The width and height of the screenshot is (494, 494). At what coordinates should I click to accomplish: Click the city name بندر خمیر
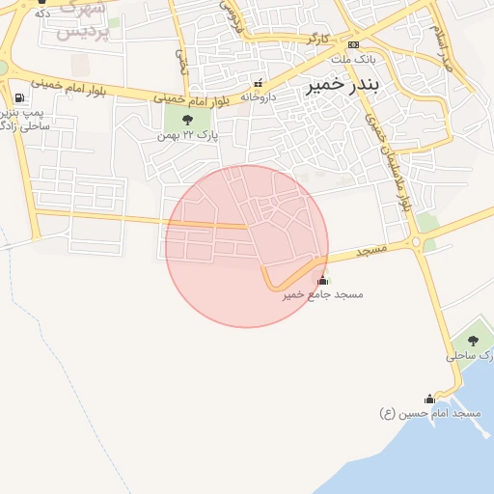(x=343, y=85)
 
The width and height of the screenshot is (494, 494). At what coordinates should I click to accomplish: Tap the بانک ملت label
(x=354, y=59)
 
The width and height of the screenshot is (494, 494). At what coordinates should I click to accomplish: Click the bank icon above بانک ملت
(x=353, y=44)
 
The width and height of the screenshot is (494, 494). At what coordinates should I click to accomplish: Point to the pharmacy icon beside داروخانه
(x=257, y=82)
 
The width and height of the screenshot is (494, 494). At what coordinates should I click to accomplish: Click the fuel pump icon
(x=19, y=98)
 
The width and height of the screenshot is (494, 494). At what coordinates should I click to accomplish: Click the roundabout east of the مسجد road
(x=417, y=241)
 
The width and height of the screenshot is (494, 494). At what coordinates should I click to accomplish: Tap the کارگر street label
(x=318, y=40)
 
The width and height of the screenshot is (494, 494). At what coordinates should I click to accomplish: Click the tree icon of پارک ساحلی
(x=472, y=341)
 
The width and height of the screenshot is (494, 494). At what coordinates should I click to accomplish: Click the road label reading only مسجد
(x=371, y=251)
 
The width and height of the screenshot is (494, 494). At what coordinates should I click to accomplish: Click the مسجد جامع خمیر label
(x=323, y=294)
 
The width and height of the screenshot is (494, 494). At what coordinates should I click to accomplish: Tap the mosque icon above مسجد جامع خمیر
(x=322, y=281)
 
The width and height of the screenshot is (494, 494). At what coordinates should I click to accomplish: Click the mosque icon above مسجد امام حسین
(x=429, y=398)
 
